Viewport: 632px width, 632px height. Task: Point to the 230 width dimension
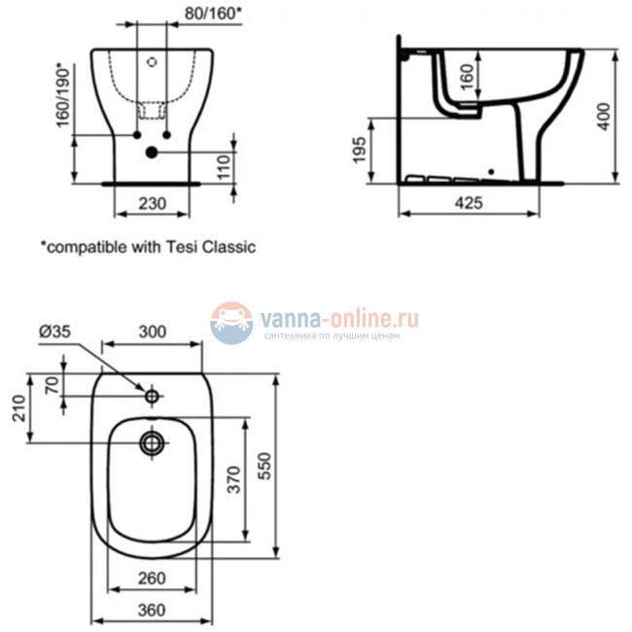click(151, 203)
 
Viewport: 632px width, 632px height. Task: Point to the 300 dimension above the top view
click(152, 332)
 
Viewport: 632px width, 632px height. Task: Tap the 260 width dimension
click(151, 579)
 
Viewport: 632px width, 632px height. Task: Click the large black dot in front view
click(152, 152)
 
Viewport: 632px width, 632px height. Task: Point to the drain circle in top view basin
click(152, 443)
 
